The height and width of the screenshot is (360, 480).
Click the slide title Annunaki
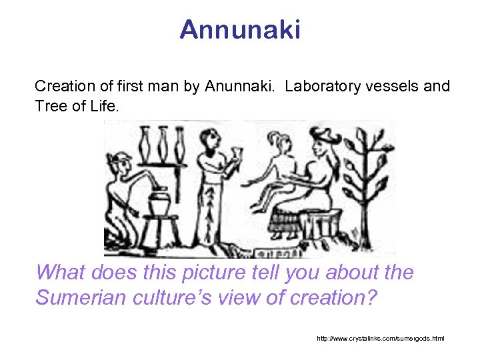240,29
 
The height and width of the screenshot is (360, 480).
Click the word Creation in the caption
61,87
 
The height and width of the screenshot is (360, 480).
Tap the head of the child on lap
277,142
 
